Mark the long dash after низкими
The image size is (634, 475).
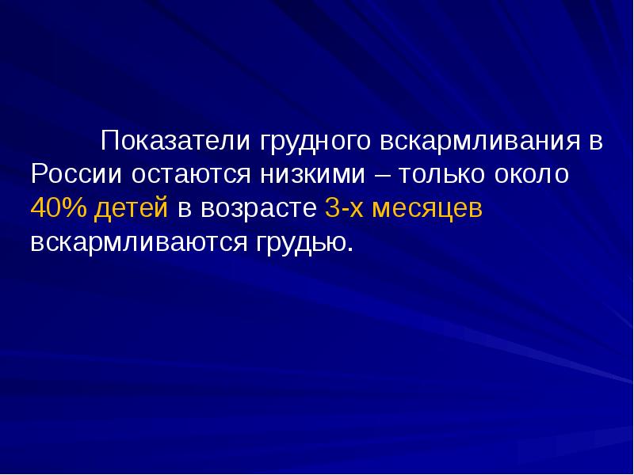pos(383,175)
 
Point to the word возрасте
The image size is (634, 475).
pos(258,209)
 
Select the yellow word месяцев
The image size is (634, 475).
pos(426,209)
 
